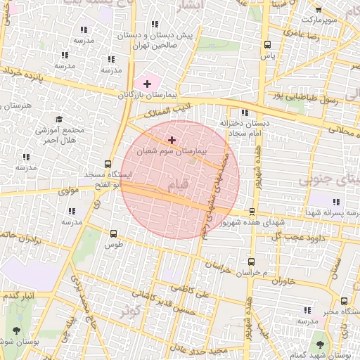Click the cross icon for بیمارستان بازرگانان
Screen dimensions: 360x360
pos(146,84)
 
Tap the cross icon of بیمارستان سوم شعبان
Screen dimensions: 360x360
pos(172,140)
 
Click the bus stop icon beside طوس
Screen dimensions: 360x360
pos(113,233)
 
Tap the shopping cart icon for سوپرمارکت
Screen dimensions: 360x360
pos(318,9)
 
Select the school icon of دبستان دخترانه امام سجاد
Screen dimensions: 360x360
pos(244,112)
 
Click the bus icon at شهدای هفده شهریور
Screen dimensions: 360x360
pos(252,212)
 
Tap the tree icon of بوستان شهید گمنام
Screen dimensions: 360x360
pos(321,345)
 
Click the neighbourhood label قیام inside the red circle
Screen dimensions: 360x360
pos(179,185)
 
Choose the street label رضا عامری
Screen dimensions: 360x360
pos(303,34)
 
